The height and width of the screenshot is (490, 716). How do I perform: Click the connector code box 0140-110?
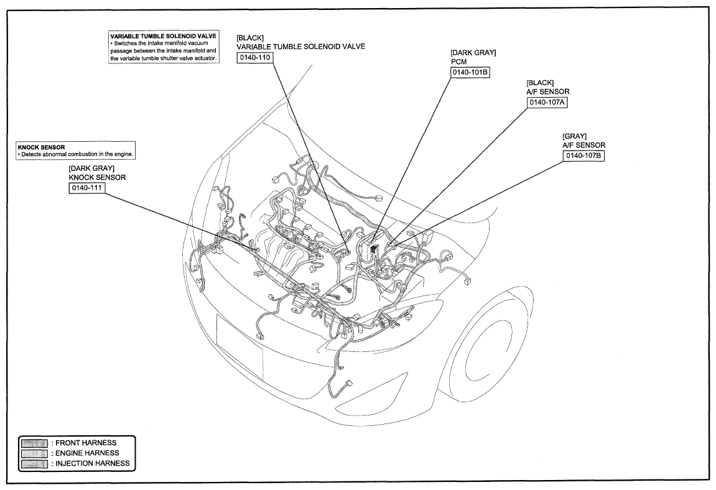click(255, 58)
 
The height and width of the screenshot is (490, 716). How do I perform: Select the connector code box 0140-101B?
click(470, 73)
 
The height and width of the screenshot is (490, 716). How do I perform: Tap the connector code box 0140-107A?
click(547, 103)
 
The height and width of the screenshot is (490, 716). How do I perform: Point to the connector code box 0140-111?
click(87, 188)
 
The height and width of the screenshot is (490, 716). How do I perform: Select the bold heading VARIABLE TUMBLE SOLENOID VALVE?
click(163, 35)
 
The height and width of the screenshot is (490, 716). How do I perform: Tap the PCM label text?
click(458, 62)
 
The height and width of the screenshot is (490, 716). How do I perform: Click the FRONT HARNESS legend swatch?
click(34, 443)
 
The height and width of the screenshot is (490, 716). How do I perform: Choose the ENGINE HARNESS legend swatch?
click(34, 453)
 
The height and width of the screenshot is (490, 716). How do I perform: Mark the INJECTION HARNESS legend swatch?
click(34, 464)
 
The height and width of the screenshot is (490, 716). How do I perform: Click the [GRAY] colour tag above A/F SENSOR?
click(574, 137)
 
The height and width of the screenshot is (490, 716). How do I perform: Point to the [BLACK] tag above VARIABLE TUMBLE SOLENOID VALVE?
click(250, 38)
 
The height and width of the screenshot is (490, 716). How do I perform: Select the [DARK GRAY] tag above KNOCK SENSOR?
click(91, 169)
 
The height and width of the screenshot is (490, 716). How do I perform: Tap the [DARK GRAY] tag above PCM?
click(473, 52)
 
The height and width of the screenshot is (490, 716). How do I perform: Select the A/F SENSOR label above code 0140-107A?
click(548, 92)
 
